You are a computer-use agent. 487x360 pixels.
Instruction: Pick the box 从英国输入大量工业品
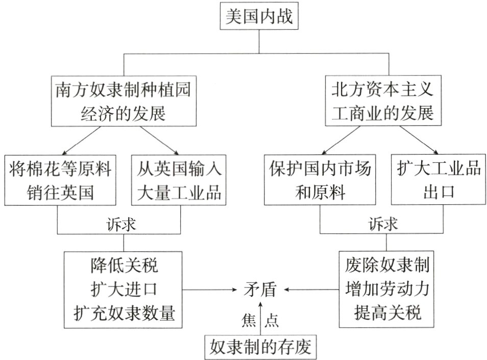point(179,180)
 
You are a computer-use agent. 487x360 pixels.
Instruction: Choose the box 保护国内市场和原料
point(321,180)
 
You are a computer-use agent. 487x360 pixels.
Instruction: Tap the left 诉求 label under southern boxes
point(121,224)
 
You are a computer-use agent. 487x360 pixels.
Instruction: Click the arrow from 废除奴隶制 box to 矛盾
point(311,290)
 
